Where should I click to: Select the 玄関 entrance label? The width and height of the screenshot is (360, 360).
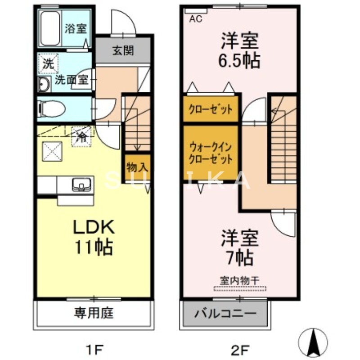(123, 50)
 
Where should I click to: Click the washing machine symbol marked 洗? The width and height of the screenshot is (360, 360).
(48, 63)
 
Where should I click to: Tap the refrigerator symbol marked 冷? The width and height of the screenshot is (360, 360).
(82, 135)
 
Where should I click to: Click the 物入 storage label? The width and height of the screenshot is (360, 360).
(137, 167)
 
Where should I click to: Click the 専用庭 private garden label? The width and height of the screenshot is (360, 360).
(93, 313)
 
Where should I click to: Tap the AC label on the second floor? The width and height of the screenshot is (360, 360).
(195, 19)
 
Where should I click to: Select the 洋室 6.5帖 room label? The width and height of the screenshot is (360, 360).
(239, 51)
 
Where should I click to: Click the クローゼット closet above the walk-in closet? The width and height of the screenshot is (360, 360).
(211, 109)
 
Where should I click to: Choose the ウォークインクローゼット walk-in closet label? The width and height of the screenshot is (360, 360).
(211, 153)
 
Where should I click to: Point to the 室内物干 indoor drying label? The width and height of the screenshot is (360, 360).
(239, 280)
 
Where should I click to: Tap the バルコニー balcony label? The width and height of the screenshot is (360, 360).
(225, 313)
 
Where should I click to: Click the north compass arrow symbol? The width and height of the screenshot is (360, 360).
(313, 341)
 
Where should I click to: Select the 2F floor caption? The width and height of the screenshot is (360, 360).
(240, 348)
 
